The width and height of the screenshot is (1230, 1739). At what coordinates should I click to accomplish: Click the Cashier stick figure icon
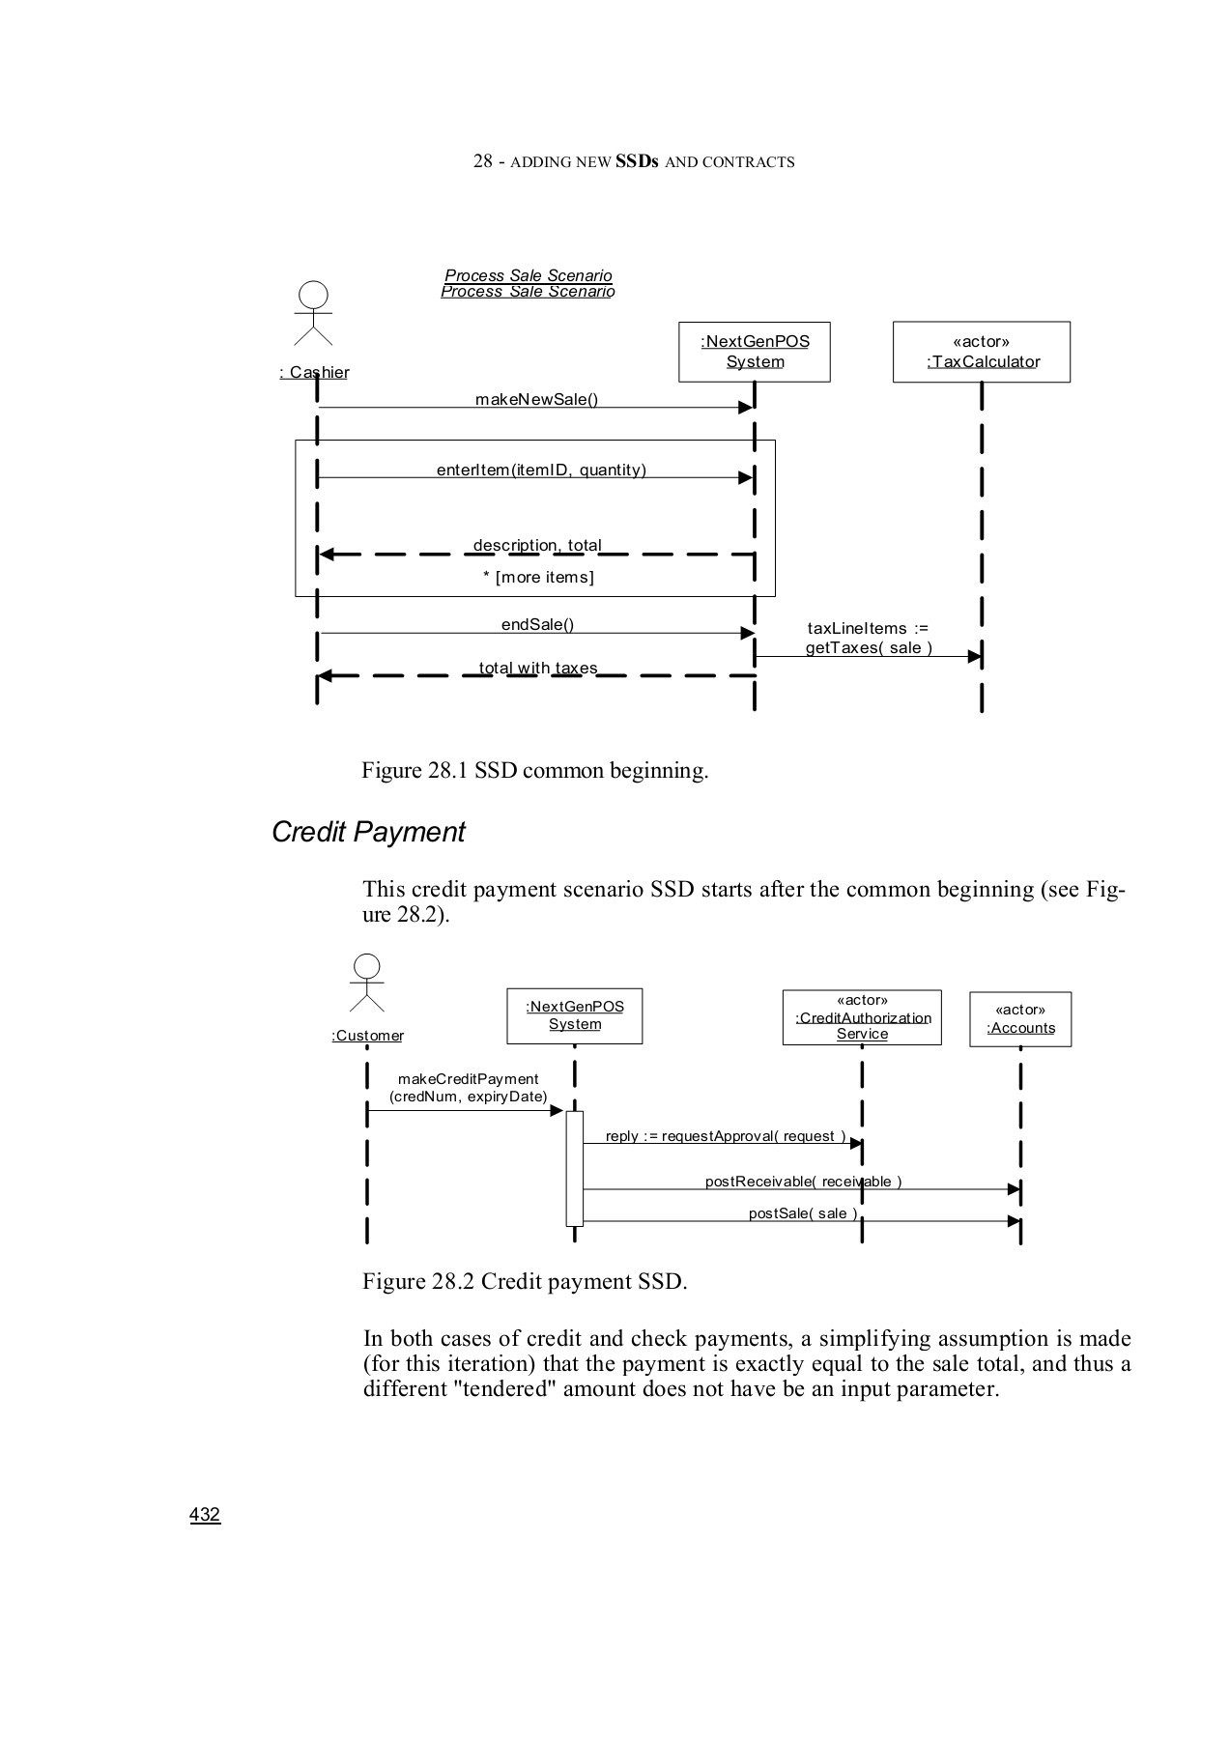pos(313,313)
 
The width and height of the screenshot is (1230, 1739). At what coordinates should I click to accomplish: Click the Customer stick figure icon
pos(367,982)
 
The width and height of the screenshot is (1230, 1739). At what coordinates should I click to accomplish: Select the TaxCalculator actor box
pos(981,352)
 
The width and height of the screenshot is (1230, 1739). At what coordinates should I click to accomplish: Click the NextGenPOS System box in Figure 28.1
pos(754,352)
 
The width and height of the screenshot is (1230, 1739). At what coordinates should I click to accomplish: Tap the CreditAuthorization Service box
pos(861,1017)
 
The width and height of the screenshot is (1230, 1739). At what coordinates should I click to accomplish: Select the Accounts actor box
pos(1020,1019)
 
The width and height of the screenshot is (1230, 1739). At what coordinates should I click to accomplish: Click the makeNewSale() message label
pos(536,399)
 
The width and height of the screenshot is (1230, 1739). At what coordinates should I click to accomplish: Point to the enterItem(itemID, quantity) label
pos(541,470)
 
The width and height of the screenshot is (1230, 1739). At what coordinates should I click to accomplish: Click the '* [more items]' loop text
pos(538,577)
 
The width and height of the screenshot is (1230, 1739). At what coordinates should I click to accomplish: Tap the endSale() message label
pos(537,624)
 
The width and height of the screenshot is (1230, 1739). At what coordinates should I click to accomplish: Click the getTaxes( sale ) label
pos(869,647)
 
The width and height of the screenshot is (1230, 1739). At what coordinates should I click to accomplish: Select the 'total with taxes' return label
pos(538,668)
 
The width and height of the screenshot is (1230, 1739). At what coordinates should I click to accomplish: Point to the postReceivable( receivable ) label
pos(803,1182)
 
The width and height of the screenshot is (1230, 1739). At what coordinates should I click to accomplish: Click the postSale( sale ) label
pos(803,1213)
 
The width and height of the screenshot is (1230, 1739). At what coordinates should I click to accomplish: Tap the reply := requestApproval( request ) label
pos(725,1136)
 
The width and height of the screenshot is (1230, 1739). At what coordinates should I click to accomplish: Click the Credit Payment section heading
pos(368,832)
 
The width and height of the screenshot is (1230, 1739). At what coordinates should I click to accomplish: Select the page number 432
pos(205,1514)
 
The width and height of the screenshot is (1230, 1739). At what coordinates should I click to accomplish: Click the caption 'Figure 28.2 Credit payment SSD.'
pos(525,1281)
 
